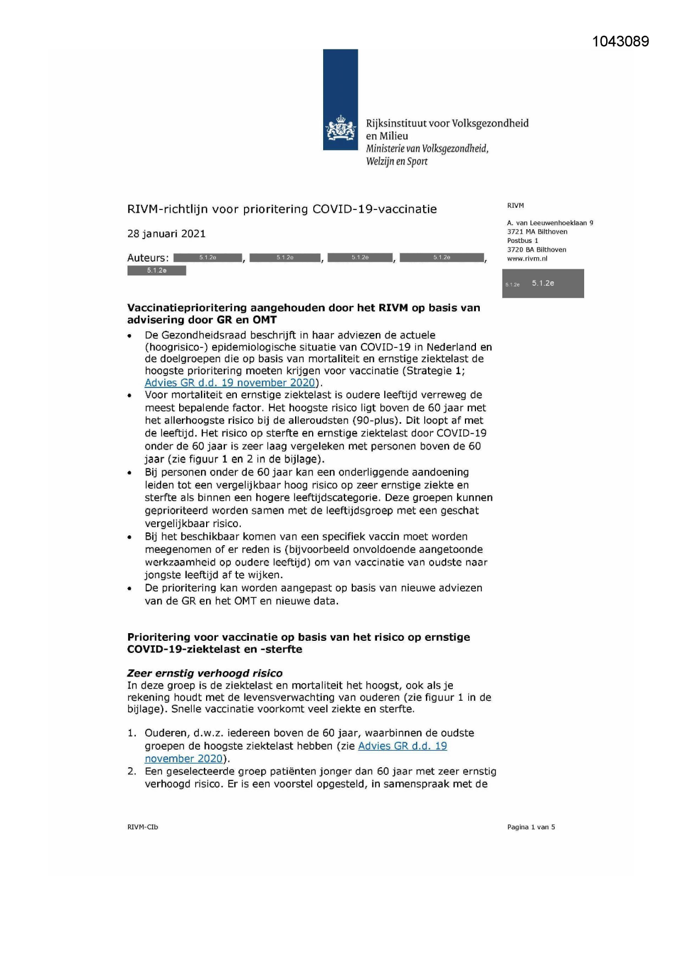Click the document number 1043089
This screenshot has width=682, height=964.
pos(620,42)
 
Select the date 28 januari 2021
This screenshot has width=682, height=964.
pos(166,234)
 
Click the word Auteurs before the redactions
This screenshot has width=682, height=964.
pos(147,258)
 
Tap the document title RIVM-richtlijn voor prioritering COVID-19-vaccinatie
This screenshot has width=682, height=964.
pos(282,209)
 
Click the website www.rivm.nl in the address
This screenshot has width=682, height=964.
pos(526,258)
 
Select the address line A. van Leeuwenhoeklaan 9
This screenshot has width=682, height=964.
pos(550,223)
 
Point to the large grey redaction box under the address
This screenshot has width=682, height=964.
pos(542,284)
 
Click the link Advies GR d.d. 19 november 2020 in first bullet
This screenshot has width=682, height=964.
pos(230,383)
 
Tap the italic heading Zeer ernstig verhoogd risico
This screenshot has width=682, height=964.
pos(204,673)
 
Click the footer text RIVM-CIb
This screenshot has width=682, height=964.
pos(142,827)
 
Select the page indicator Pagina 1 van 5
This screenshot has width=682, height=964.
pos(530,827)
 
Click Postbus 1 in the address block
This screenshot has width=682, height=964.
pos(522,241)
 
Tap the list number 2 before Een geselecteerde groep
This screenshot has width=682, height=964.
pos(131,771)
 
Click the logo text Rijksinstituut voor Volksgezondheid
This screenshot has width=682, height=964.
pos(447,123)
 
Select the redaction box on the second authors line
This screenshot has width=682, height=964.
pos(157,270)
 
